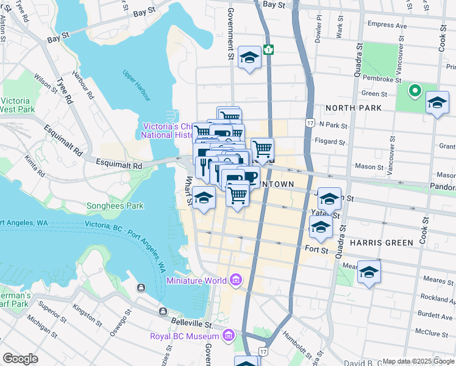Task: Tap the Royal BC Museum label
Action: pos(185,336)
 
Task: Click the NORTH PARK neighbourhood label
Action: pos(353,108)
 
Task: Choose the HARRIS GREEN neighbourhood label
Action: pos(382,242)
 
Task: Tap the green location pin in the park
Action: pos(415,91)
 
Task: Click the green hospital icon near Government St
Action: pos(269,49)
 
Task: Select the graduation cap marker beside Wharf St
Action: pos(204,198)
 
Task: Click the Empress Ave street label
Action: pos(387,26)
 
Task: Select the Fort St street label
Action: pos(316,249)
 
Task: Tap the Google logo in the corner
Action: pos(20,359)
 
